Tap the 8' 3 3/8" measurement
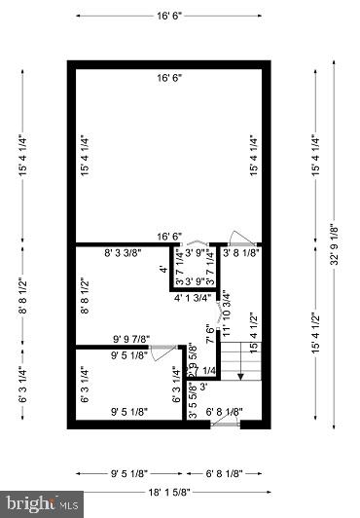[123, 253]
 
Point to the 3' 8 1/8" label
[240, 253]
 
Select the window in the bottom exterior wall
[225, 425]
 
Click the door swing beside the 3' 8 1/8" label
[239, 237]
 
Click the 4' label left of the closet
[163, 269]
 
